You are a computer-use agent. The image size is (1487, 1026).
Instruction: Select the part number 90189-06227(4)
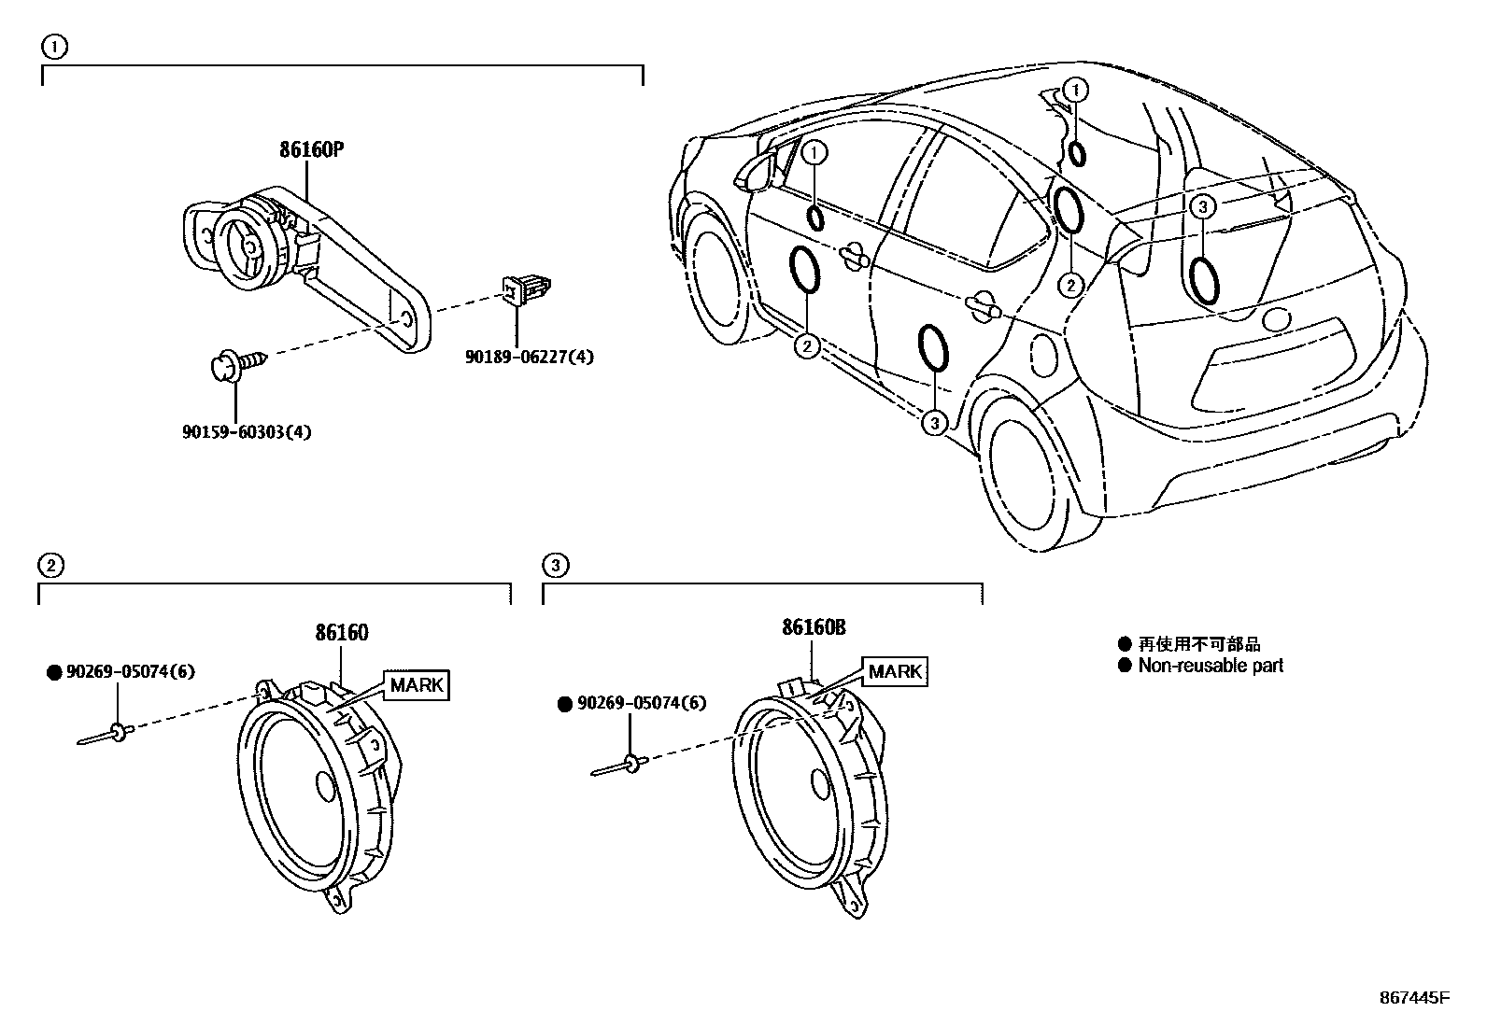(530, 356)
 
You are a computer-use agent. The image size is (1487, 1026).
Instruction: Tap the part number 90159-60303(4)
(247, 432)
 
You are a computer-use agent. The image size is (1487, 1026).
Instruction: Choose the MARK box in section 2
(416, 684)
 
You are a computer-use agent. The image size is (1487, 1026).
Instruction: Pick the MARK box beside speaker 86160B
(896, 671)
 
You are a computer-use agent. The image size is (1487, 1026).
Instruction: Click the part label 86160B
(814, 628)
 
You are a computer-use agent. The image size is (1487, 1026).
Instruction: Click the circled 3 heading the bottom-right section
(555, 565)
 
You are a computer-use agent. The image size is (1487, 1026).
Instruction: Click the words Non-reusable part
(1210, 666)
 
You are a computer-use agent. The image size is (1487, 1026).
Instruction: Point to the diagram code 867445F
(1414, 997)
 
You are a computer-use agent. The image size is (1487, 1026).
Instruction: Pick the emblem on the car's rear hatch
(1275, 320)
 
